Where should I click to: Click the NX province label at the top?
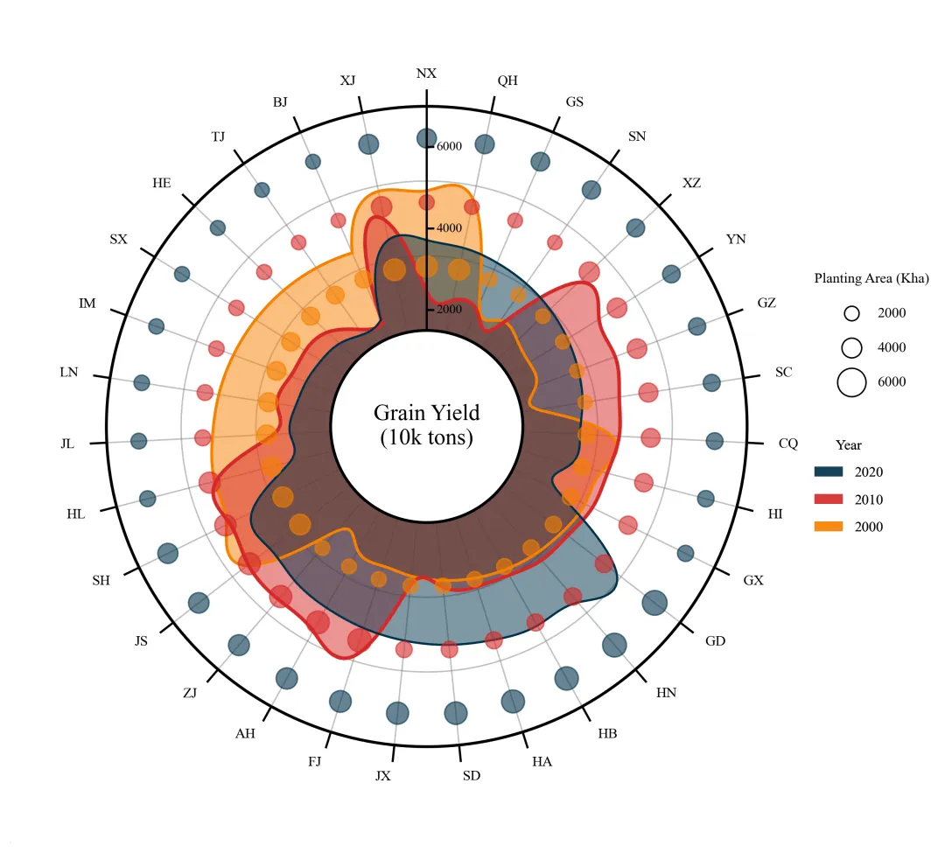426,73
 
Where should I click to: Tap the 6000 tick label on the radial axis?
449,146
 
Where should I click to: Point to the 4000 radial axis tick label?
449,228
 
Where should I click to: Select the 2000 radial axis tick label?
449,310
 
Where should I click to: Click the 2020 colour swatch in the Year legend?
828,472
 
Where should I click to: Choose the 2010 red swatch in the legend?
828,499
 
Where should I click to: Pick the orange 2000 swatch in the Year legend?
828,526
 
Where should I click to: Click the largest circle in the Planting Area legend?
851,382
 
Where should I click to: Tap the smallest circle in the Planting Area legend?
851,313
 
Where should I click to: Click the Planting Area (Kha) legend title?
871,278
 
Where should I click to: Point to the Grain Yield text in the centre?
427,413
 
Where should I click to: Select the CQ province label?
787,444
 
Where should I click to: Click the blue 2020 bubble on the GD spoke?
654,603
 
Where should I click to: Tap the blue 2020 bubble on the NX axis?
427,138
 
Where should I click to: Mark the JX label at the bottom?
382,776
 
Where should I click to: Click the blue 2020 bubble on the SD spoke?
456,713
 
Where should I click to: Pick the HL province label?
76,514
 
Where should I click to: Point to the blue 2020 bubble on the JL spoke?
138,441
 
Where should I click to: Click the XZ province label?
691,183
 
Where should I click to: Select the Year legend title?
848,445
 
